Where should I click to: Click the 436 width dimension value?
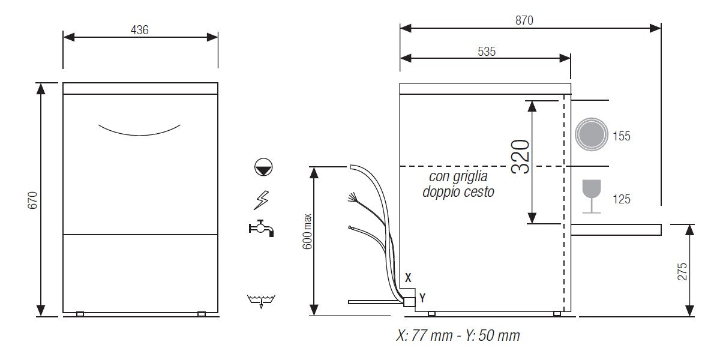[x=139, y=29]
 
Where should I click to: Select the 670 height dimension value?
[x=33, y=200]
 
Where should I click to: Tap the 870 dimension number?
[x=523, y=20]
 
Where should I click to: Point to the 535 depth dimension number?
[x=487, y=52]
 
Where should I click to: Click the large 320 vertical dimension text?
[x=520, y=157]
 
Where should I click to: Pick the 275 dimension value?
[x=682, y=271]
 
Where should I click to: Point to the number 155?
[x=621, y=136]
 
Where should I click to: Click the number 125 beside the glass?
[x=621, y=199]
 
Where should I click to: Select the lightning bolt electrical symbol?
[x=262, y=199]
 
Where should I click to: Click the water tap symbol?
[x=261, y=228]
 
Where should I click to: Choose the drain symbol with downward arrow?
[x=262, y=301]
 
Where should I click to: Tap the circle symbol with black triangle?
[x=262, y=167]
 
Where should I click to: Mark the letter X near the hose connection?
[x=408, y=278]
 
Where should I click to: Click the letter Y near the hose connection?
[x=422, y=297]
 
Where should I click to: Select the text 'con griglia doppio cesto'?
[x=458, y=184]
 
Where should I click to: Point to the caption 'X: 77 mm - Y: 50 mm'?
[x=458, y=336]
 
